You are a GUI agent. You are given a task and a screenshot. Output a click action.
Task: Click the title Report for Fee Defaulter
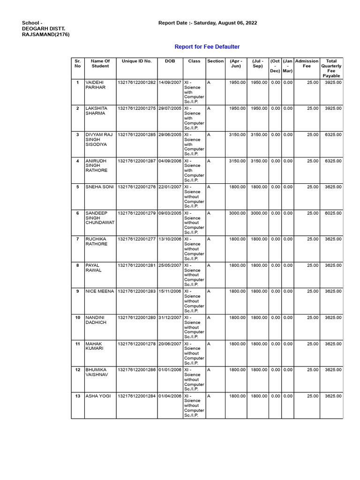coord(207,47)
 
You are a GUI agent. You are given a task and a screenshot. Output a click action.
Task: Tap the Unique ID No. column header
coord(136,61)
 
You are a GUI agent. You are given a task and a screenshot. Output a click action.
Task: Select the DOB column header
coord(170,61)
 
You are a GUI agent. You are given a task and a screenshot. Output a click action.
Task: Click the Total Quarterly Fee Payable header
coord(331,68)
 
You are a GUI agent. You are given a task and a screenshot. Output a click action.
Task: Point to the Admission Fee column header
coord(307,63)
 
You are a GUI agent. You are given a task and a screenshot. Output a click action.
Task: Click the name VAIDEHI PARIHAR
coord(96,85)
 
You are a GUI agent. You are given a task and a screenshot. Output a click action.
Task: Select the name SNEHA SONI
coord(99,187)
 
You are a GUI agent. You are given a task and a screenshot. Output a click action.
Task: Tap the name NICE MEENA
coord(99,292)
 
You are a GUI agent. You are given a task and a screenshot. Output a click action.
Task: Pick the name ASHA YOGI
coord(98,396)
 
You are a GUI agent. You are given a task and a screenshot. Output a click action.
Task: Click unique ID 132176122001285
coord(136,135)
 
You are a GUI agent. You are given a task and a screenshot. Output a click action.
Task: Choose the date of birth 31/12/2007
coord(170,318)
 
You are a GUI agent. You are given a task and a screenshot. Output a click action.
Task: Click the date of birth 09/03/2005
coord(170,213)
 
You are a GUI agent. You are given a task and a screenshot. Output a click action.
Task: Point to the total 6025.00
coord(333,213)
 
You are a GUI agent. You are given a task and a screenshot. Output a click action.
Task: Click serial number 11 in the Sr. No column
coord(77,344)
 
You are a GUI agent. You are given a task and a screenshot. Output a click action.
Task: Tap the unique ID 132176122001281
coord(136,265)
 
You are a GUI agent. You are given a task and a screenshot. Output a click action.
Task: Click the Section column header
coord(215,61)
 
